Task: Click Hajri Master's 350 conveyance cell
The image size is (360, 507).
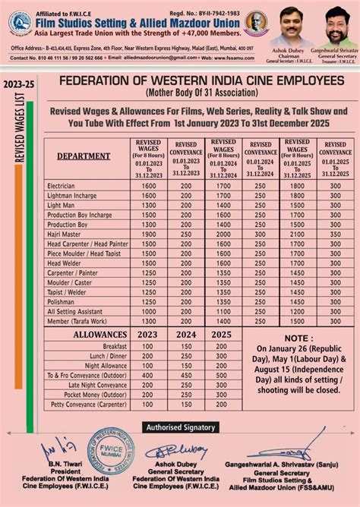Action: coord(336,235)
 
